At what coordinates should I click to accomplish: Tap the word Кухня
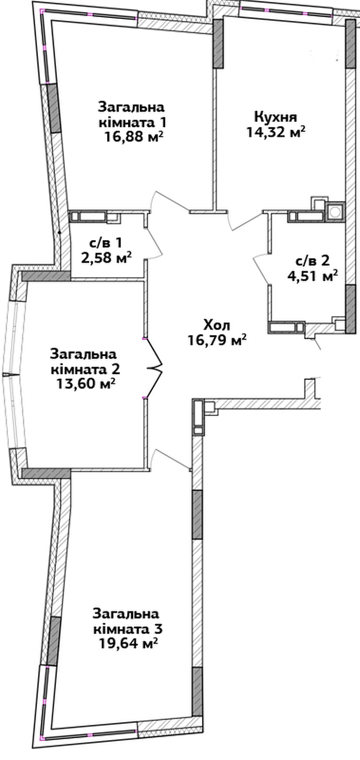pos(275,117)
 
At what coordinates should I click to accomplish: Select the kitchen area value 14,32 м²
pos(275,132)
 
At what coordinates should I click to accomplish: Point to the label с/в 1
pos(102,242)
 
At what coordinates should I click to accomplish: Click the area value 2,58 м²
pos(103,257)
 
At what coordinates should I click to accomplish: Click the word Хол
pos(218,325)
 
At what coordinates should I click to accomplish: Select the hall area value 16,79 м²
pos(218,340)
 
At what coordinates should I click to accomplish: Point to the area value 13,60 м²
pos(85,384)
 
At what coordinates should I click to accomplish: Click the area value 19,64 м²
pos(129,643)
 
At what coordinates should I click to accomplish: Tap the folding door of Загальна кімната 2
pos(154,368)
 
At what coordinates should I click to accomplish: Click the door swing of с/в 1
pos(155,242)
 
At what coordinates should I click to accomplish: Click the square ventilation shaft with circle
pos(335,212)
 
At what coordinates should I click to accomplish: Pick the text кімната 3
pos(127,629)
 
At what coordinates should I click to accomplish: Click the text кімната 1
pos(133,122)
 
